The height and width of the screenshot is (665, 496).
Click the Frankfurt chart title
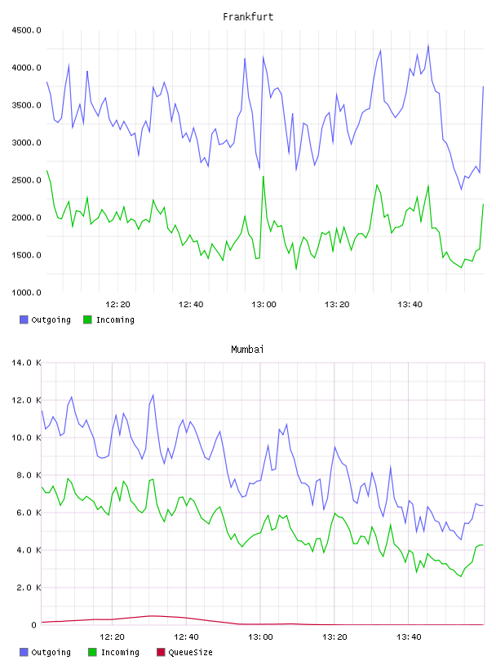[x=248, y=16]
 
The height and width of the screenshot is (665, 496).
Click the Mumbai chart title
[x=247, y=349]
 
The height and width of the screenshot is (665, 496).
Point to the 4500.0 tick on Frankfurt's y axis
[x=26, y=30]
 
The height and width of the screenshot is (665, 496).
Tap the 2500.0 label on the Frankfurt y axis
[x=26, y=180]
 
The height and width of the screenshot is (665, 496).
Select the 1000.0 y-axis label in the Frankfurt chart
[x=26, y=293]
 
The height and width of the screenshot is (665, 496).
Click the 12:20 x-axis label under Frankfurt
[x=117, y=305]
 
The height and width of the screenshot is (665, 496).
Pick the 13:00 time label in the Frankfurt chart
[x=263, y=305]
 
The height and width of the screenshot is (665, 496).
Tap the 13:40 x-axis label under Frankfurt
[x=410, y=305]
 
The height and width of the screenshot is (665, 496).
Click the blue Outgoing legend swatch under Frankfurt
[x=24, y=319]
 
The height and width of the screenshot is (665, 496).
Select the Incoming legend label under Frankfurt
[x=115, y=319]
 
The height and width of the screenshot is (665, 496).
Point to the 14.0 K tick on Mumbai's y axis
[x=26, y=363]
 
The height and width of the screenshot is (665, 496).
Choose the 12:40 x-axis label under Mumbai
[x=187, y=637]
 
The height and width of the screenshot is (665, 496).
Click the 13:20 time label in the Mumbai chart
[x=334, y=637]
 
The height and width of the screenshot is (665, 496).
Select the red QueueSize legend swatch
[x=161, y=652]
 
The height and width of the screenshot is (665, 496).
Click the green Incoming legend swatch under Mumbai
[x=92, y=652]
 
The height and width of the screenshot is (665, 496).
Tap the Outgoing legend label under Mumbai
[x=51, y=652]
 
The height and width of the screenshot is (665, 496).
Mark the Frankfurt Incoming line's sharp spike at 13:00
[x=263, y=176]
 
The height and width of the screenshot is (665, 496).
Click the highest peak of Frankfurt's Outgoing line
[x=428, y=45]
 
